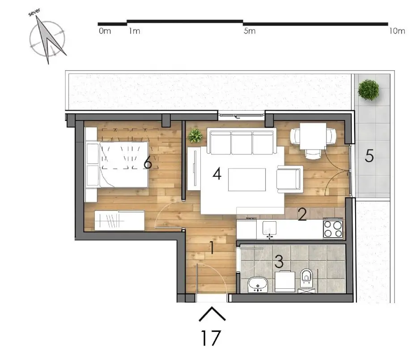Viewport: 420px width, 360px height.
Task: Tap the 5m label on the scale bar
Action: tap(250, 31)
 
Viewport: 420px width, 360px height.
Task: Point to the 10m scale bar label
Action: tap(397, 31)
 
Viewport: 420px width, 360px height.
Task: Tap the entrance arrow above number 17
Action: tap(212, 314)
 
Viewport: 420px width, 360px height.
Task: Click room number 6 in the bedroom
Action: tap(148, 163)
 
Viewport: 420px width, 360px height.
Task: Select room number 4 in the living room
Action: tap(217, 174)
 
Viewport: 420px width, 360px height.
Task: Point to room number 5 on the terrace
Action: tap(369, 156)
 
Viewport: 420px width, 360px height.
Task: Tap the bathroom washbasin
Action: tap(258, 283)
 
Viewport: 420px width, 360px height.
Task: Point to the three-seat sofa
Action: tap(242, 141)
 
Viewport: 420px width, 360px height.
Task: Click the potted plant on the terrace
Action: tap(369, 90)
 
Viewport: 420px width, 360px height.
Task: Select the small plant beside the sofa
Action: tap(195, 135)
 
